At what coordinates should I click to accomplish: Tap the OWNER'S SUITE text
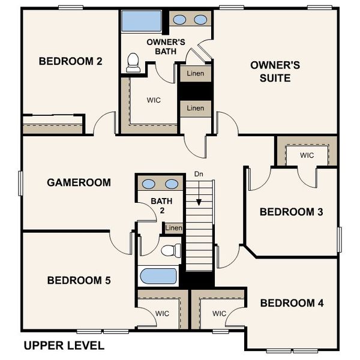270,71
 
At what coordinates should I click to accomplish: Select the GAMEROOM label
79,182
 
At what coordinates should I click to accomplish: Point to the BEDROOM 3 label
291,212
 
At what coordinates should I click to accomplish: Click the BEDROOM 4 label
292,303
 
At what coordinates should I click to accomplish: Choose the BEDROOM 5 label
79,280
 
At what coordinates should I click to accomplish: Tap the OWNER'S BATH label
166,47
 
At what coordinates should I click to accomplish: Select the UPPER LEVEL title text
64,346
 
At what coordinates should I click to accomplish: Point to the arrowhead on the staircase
199,203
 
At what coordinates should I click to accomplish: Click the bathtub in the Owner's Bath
142,21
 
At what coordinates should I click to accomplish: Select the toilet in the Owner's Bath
134,62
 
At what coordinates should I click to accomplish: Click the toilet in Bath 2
171,250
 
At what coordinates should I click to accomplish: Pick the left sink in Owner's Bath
179,20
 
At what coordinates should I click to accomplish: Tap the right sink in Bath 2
172,184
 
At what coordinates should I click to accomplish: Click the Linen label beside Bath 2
173,228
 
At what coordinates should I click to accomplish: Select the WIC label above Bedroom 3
307,155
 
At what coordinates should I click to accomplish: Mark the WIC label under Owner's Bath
154,100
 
